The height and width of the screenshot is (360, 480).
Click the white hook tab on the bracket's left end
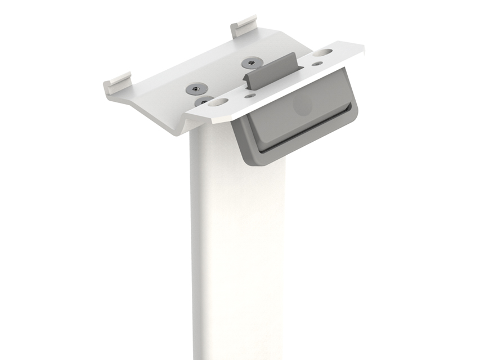[x=117, y=82]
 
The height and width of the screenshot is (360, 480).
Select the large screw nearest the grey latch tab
[x=251, y=62]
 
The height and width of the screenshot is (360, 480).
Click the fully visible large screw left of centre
[x=196, y=88]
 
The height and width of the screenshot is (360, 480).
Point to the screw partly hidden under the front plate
[x=202, y=101]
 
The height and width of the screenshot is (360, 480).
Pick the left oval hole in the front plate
[x=218, y=102]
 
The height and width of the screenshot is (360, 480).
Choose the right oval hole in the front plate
[x=323, y=52]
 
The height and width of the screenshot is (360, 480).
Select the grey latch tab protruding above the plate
[x=271, y=70]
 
